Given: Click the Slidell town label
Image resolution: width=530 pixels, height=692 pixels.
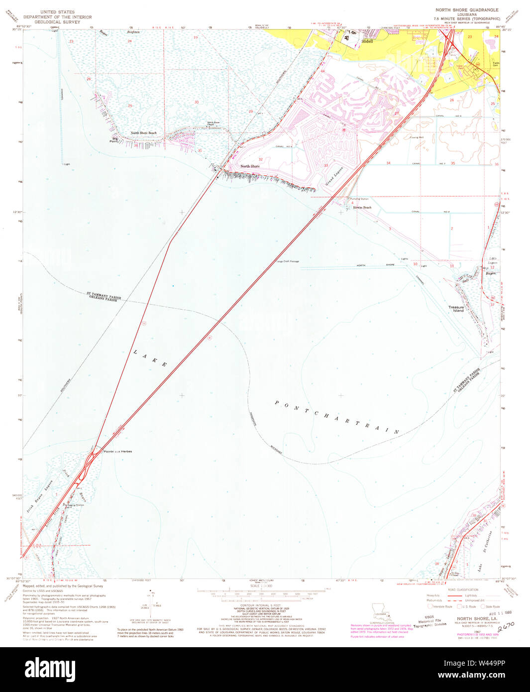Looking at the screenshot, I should click(367, 42).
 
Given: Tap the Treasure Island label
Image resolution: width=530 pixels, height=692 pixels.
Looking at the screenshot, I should click(456, 309).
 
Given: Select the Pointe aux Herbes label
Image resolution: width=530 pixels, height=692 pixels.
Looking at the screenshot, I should click(117, 452).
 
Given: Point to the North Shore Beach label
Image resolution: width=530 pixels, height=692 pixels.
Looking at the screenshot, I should click(143, 133).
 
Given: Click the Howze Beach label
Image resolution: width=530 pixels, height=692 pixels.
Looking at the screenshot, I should click(362, 207).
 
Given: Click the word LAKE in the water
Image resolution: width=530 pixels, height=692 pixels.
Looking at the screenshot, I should click(150, 358).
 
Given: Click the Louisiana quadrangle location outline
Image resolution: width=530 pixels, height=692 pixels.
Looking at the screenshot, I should click(382, 609).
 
